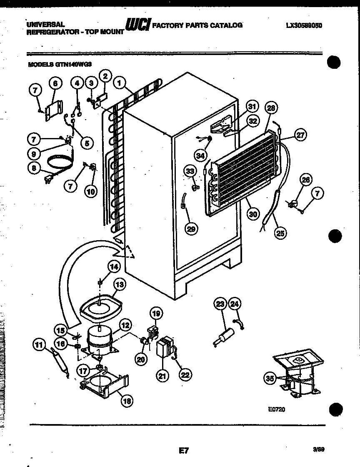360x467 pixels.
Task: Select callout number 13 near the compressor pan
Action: (120, 285)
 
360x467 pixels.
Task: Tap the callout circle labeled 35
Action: (270, 379)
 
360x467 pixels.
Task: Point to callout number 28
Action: (271, 108)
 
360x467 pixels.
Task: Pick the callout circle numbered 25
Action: (280, 233)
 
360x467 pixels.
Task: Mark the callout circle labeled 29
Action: (192, 228)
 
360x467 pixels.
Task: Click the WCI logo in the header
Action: (138, 26)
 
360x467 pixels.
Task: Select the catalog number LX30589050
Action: (304, 25)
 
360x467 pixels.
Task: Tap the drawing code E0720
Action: (276, 409)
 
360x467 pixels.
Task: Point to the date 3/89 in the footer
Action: (319, 449)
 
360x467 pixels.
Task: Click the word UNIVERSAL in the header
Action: (45, 25)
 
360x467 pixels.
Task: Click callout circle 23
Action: (220, 304)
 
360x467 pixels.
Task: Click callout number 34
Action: (200, 156)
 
